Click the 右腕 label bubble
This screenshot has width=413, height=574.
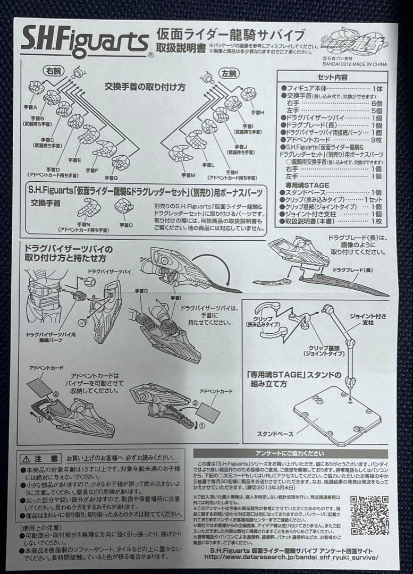click(x=52, y=70)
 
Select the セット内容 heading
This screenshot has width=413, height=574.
click(x=334, y=77)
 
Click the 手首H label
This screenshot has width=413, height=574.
click(x=258, y=112)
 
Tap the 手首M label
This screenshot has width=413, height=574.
click(x=188, y=174)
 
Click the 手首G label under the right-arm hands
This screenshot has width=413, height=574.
click(x=111, y=178)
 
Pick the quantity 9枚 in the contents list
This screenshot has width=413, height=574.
click(x=376, y=139)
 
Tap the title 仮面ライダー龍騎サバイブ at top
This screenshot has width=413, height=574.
click(x=231, y=36)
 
